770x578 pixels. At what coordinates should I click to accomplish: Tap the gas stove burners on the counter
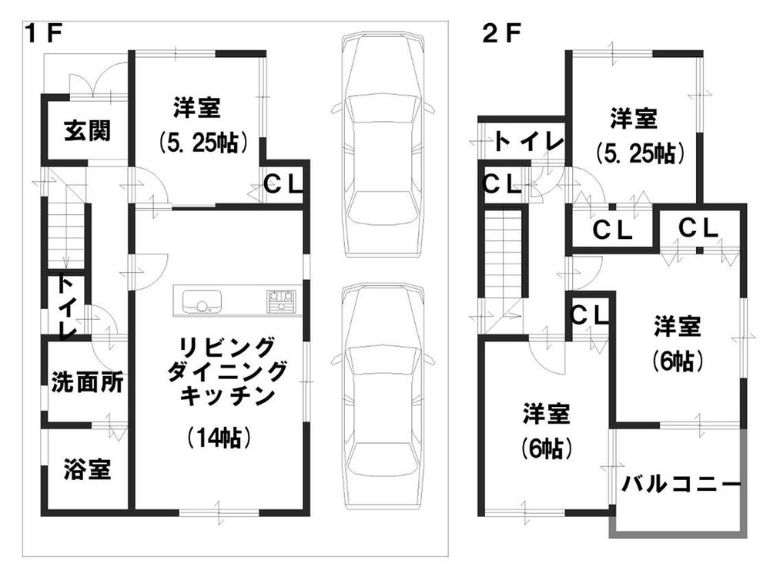[x=281, y=299]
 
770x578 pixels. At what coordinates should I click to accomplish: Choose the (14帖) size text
[x=219, y=439]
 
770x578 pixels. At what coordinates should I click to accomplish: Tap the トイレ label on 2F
[x=529, y=140]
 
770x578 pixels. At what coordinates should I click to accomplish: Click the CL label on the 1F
[x=284, y=184]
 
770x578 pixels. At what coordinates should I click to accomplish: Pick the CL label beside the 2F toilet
[x=502, y=183]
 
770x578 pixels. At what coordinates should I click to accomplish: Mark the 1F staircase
[x=65, y=231]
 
